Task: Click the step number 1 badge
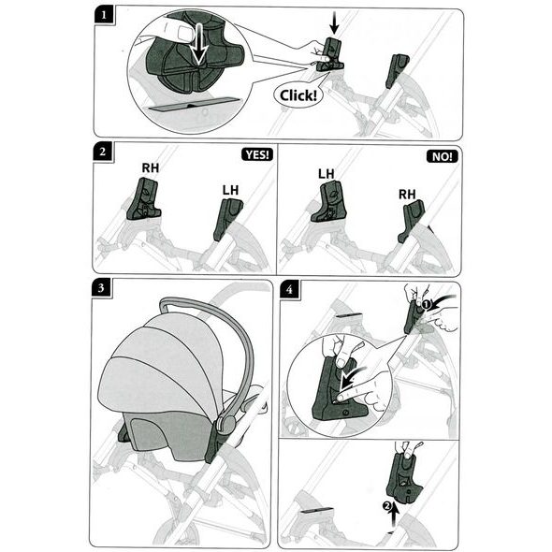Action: coord(104,16)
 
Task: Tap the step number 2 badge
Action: coord(102,152)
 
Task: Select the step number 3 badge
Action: coord(101,287)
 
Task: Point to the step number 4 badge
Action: coord(289,290)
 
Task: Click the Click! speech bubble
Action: coord(298,95)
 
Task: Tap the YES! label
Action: coord(257,154)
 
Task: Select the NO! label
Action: coord(443,156)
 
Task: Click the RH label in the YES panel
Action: coord(151,167)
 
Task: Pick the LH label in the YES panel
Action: coord(230,190)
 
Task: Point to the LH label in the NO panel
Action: coord(326,174)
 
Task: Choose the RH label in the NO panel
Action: coord(407,194)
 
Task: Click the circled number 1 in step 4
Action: coord(427,304)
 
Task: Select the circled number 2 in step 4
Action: coord(386,506)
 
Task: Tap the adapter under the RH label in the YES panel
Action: coord(143,199)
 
